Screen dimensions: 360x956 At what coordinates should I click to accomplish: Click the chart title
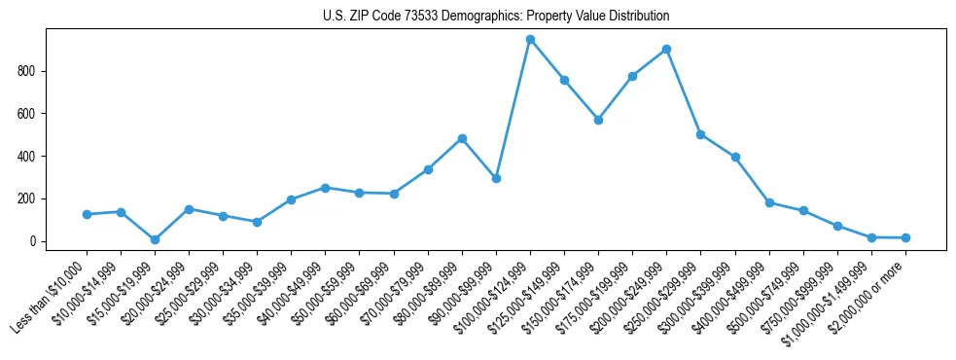click(x=496, y=17)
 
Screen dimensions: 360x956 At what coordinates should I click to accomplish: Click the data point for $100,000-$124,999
click(x=530, y=40)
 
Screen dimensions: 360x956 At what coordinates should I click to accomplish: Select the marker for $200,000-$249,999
click(x=666, y=49)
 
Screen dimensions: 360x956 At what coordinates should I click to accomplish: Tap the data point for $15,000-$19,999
click(x=155, y=239)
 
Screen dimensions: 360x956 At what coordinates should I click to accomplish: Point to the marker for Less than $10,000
click(x=87, y=214)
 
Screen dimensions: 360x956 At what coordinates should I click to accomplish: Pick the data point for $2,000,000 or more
click(x=905, y=237)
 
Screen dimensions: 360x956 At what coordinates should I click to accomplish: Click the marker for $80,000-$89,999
click(x=462, y=138)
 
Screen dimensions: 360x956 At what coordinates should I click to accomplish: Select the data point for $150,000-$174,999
click(x=598, y=120)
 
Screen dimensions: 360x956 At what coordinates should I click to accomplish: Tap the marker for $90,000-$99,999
click(x=496, y=178)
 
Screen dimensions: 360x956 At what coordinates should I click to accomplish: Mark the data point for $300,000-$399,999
click(x=735, y=157)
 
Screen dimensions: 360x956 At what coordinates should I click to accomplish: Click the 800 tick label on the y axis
click(x=26, y=71)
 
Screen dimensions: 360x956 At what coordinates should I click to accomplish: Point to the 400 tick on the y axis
click(x=26, y=156)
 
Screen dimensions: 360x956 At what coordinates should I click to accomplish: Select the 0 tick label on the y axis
click(x=32, y=241)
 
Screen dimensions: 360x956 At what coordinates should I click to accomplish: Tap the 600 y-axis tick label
click(x=26, y=114)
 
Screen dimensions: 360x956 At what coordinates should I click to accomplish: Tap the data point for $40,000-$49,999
click(x=326, y=188)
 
